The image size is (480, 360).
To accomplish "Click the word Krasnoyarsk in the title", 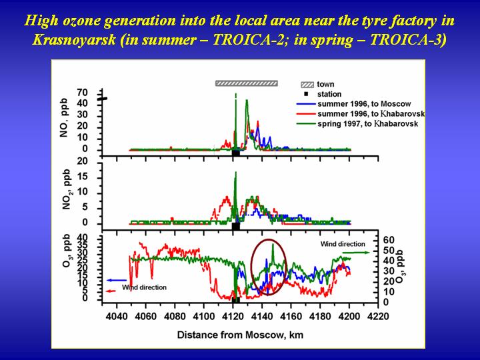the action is (74, 39).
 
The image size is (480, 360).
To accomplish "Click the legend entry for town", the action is (317, 84).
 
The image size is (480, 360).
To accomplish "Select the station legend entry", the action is (323, 94).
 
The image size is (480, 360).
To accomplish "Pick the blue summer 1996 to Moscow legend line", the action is (306, 104).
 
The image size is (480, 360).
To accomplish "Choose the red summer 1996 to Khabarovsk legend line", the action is (306, 114).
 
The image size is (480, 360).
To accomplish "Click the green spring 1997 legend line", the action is (306, 124).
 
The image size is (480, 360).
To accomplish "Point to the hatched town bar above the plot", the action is (247, 83).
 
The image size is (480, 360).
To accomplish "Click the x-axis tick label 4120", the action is (233, 315).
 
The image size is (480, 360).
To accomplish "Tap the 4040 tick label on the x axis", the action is (116, 315).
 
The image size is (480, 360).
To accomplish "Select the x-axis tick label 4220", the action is (378, 315).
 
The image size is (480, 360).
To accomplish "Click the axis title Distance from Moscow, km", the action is (240, 335).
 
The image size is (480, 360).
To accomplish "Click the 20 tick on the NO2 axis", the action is (83, 161).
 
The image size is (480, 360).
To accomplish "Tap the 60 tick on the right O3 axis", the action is (389, 240).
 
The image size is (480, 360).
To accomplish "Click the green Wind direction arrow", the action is (356, 253).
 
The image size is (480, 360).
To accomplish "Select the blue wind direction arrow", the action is (116, 280).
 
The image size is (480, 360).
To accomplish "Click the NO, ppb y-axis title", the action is (64, 117).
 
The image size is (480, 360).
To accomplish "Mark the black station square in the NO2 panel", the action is (236, 227).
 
